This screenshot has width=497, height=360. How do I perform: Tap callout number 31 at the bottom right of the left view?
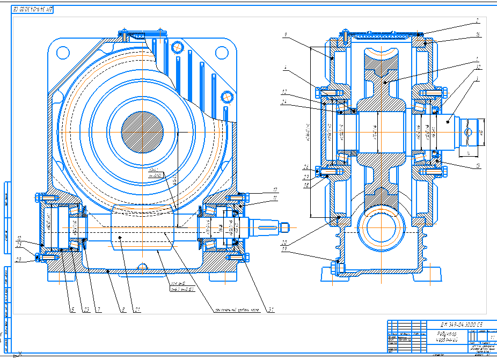pyautogui.click(x=271, y=309)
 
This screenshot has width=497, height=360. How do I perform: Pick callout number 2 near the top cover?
pyautogui.click(x=476, y=22)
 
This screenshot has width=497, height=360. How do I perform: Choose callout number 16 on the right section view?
pyautogui.click(x=477, y=35)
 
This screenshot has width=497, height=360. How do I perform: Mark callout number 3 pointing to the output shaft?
pyautogui.click(x=477, y=78)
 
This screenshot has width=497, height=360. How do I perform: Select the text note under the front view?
pyautogui.click(x=236, y=310)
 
